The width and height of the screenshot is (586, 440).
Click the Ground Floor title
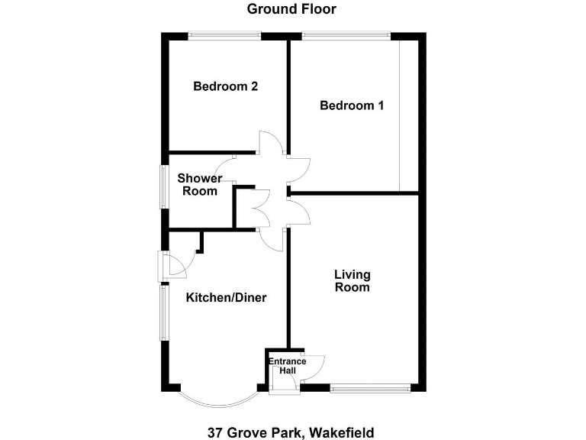tap(291, 10)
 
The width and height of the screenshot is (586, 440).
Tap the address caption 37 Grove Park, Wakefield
tap(291, 432)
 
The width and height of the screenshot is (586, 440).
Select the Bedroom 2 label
tap(225, 86)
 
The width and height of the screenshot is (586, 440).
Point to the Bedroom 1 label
tap(351, 105)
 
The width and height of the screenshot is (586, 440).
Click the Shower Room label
tap(200, 184)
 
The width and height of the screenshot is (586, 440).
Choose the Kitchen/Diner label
tap(227, 297)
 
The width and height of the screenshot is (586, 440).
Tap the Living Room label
tap(352, 280)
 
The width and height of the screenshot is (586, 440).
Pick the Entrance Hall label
tap(287, 366)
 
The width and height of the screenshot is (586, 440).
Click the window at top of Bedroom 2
tap(224, 34)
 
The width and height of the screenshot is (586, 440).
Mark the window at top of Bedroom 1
tap(346, 34)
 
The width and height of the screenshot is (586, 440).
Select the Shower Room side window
tap(163, 186)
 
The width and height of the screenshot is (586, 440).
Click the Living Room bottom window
tap(370, 388)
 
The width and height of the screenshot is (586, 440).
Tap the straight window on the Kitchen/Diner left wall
tap(163, 313)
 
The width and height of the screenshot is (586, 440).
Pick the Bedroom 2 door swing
tap(268, 142)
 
